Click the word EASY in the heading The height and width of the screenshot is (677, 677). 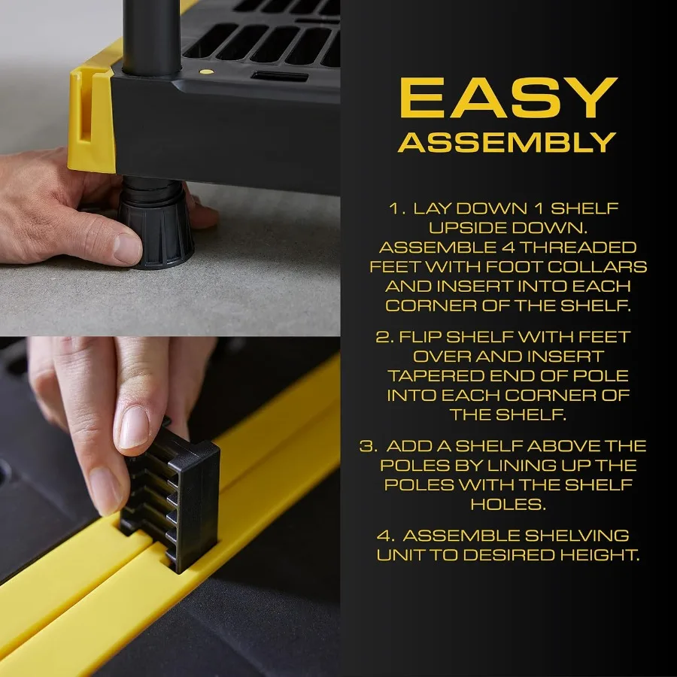pos(508,98)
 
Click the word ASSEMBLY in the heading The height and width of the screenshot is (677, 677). pos(508,142)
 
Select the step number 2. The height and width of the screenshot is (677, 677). pos(384,336)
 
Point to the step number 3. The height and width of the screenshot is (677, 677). pos(368,446)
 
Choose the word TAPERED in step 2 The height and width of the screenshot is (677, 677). pos(436,375)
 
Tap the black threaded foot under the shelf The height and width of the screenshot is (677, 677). pos(154,226)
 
